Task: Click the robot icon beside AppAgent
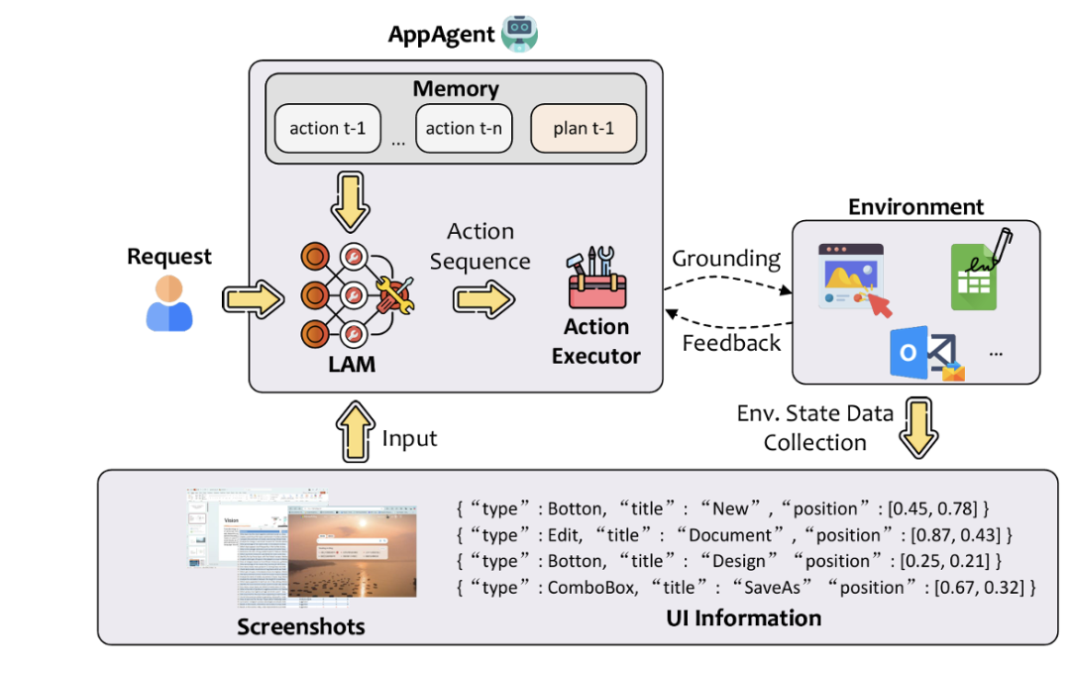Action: click(519, 34)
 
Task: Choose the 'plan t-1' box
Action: click(584, 128)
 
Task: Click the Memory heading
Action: click(456, 88)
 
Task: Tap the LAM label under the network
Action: click(352, 364)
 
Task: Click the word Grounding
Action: click(726, 259)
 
